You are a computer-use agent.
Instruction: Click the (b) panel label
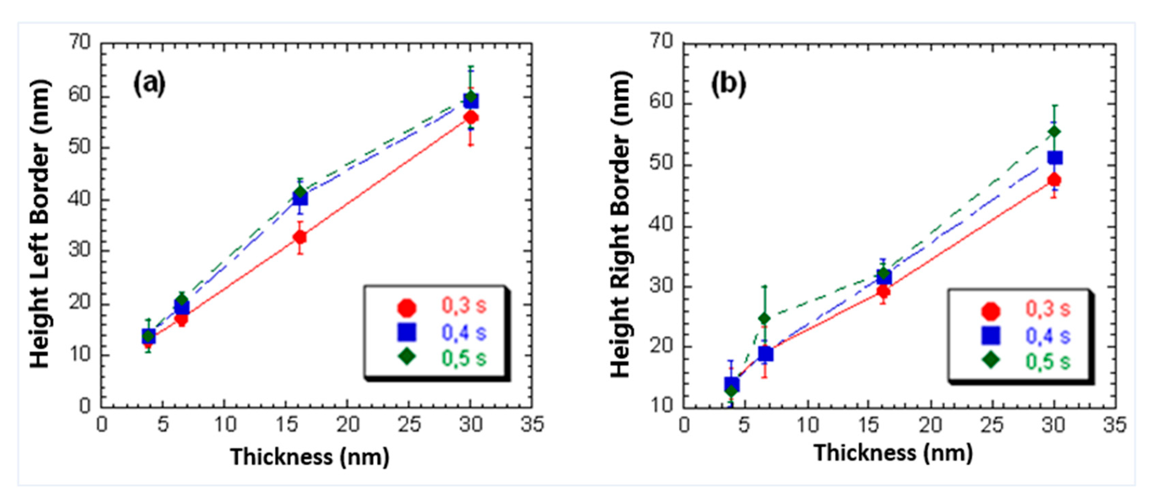click(728, 84)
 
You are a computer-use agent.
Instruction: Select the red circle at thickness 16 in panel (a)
click(300, 237)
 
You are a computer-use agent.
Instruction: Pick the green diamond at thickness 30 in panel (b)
click(1054, 132)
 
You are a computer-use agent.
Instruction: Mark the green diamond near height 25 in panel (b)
click(765, 318)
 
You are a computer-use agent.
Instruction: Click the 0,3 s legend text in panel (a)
click(464, 306)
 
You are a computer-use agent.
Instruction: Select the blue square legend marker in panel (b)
click(991, 336)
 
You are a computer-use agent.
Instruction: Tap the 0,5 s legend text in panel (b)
click(1048, 361)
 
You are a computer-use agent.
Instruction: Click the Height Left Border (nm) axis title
click(40, 225)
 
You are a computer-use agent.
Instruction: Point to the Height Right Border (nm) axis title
click(621, 225)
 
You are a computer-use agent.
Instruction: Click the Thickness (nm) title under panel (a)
click(310, 457)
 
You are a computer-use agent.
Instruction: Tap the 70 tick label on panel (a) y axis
click(79, 43)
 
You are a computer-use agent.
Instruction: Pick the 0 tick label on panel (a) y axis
click(85, 406)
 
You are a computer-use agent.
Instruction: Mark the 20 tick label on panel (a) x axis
click(347, 425)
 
